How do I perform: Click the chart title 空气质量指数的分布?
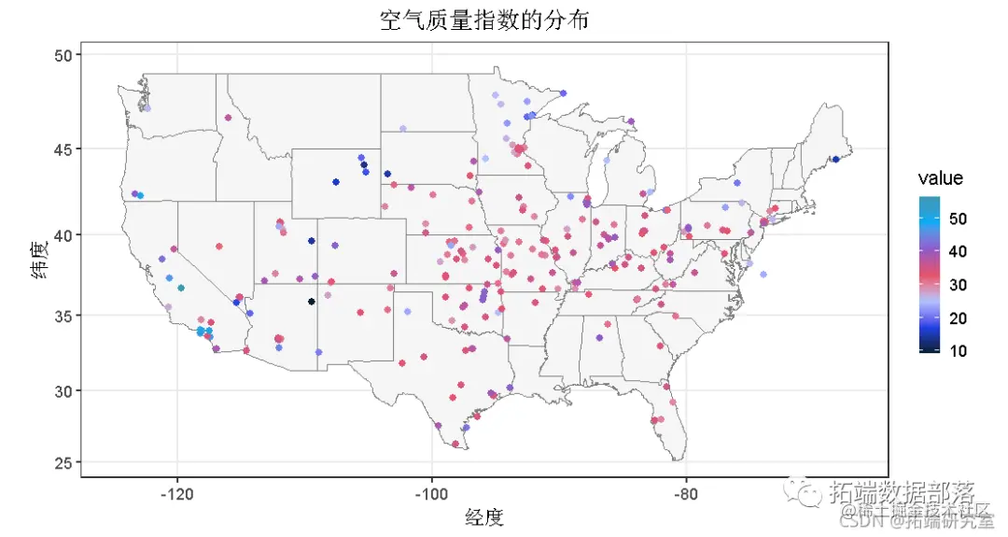click(x=484, y=20)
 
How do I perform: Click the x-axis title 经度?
click(x=484, y=516)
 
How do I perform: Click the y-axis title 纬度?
click(x=38, y=260)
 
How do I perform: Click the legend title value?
click(x=940, y=178)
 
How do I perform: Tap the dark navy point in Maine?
click(x=836, y=160)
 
